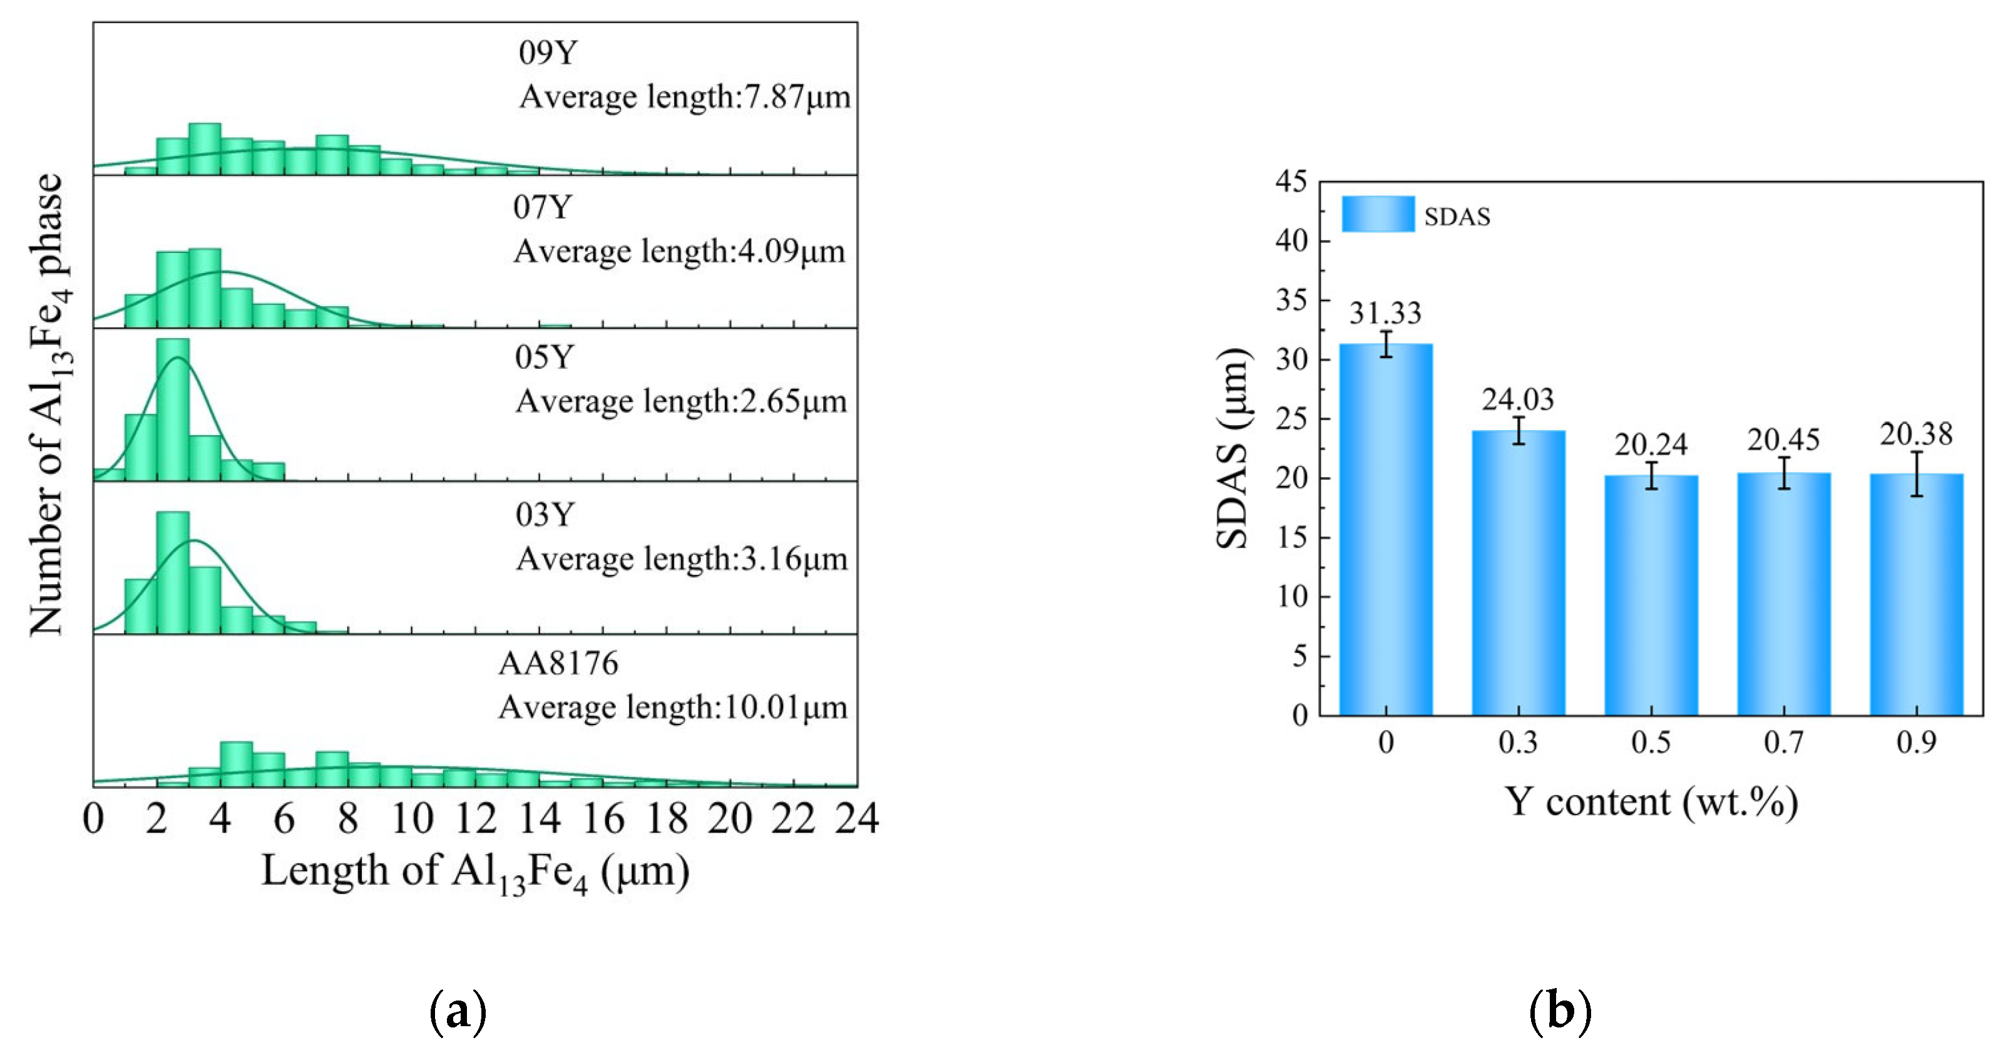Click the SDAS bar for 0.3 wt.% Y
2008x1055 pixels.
[1518, 572]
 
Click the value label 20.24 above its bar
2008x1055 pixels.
[1650, 445]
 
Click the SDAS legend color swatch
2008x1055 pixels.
[1378, 214]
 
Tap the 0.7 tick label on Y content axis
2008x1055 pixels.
[1783, 741]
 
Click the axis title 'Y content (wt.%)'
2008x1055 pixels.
[1650, 801]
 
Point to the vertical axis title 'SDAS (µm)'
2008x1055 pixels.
[1233, 448]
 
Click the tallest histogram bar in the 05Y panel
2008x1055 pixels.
[172, 409]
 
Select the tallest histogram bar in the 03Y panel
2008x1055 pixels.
[172, 572]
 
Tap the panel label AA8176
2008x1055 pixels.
[558, 664]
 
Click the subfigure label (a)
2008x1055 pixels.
[458, 1011]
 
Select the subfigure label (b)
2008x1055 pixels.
[1560, 1011]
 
